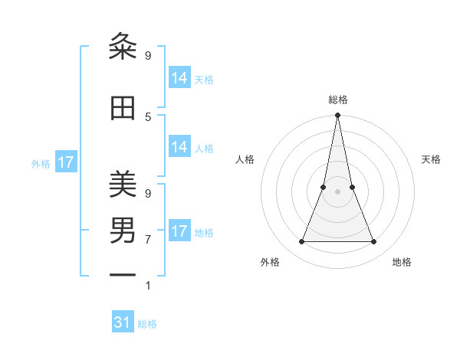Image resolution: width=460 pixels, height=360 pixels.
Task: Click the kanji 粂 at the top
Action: point(123,47)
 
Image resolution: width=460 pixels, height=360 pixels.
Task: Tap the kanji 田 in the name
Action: point(123,109)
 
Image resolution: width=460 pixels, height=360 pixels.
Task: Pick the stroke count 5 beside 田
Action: point(148,116)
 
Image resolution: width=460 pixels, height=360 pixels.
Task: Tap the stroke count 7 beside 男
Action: point(148,239)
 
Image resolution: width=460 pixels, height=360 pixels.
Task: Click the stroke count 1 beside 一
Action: point(148,286)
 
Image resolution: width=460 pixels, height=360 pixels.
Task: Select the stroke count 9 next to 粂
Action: point(148,55)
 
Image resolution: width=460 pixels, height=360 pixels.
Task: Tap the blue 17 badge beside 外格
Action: point(66,162)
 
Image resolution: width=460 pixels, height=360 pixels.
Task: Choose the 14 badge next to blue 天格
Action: point(179,78)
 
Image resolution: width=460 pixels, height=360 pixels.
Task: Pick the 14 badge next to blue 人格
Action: point(179,147)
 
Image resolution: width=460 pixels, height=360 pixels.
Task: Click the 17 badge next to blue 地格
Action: point(179,231)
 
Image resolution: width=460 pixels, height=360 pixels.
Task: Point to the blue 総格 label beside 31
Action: point(147,324)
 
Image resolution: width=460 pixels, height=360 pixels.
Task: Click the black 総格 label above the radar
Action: point(337,100)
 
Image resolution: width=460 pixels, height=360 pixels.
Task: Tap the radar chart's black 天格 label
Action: point(431,159)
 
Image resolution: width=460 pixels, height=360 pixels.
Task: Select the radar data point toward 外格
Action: point(301,242)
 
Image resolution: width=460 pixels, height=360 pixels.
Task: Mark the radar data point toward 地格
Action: point(374,242)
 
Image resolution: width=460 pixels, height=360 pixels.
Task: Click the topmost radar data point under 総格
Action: point(337,116)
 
